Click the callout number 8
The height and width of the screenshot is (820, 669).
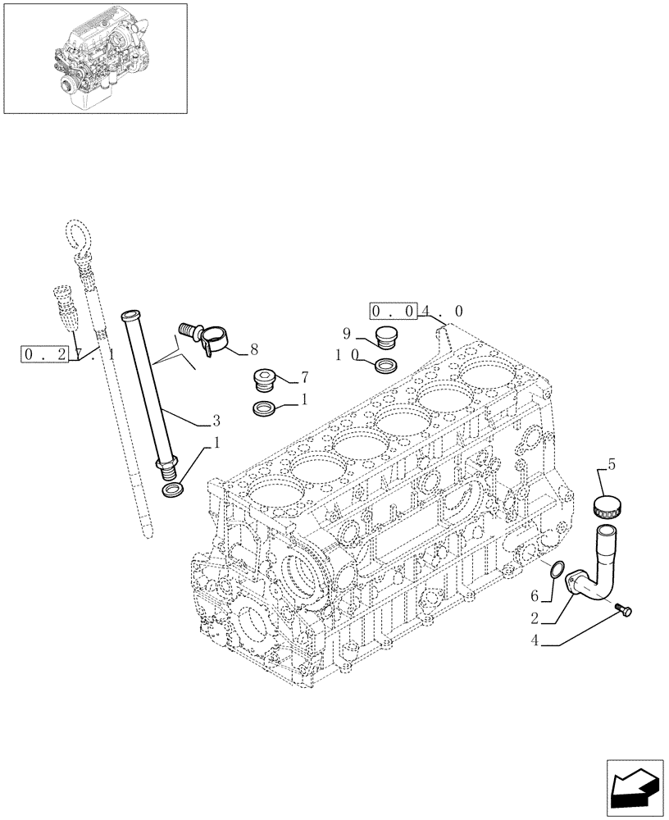[x=254, y=349]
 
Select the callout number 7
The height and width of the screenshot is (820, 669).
[x=304, y=377]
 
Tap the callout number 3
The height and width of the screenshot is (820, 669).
[x=216, y=421]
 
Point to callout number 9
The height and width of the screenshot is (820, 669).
[x=346, y=334]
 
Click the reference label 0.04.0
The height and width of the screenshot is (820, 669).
[x=417, y=312]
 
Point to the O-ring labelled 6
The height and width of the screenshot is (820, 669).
[x=557, y=569]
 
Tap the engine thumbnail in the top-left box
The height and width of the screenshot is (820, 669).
[x=95, y=57]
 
